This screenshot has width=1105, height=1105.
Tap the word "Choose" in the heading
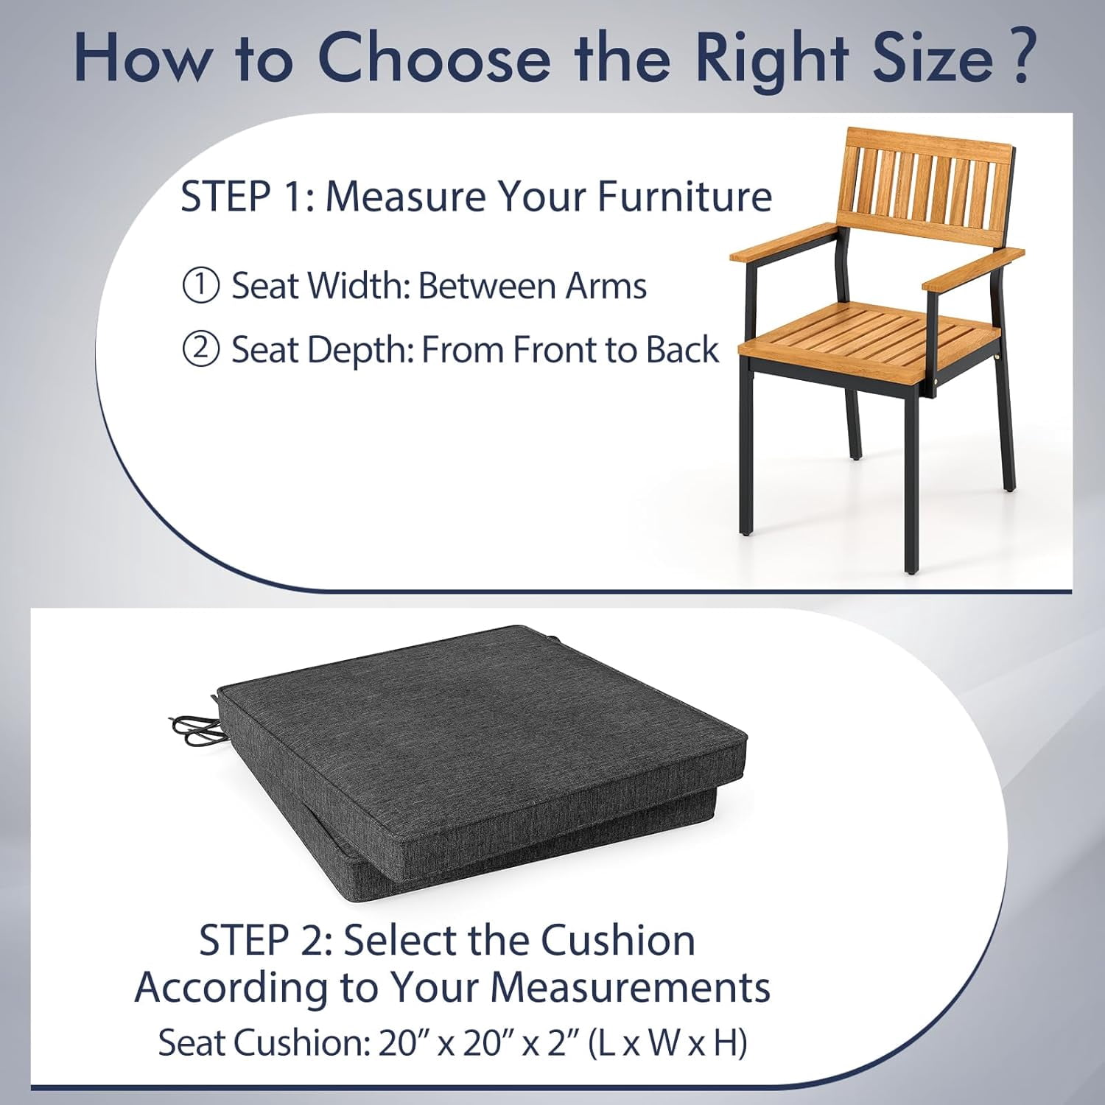tap(433, 57)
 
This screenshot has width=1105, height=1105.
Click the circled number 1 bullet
tap(200, 286)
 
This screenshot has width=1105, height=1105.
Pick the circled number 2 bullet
tap(200, 349)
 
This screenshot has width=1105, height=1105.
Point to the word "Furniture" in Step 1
tap(685, 196)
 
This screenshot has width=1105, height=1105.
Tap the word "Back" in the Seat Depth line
tap(682, 349)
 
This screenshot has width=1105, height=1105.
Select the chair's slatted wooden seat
tap(869, 336)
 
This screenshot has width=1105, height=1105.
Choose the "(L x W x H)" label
tap(667, 1042)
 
